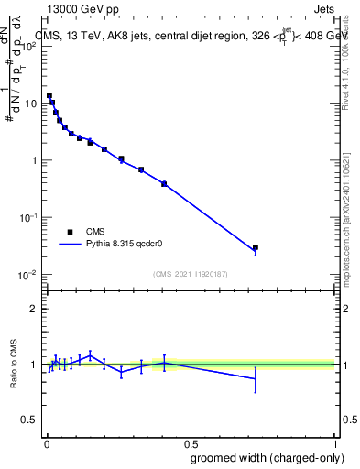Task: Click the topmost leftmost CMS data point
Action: (49, 95)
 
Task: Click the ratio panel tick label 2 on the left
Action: (33, 309)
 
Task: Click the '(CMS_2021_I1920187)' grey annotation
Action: (190, 273)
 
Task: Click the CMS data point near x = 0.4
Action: (164, 183)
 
